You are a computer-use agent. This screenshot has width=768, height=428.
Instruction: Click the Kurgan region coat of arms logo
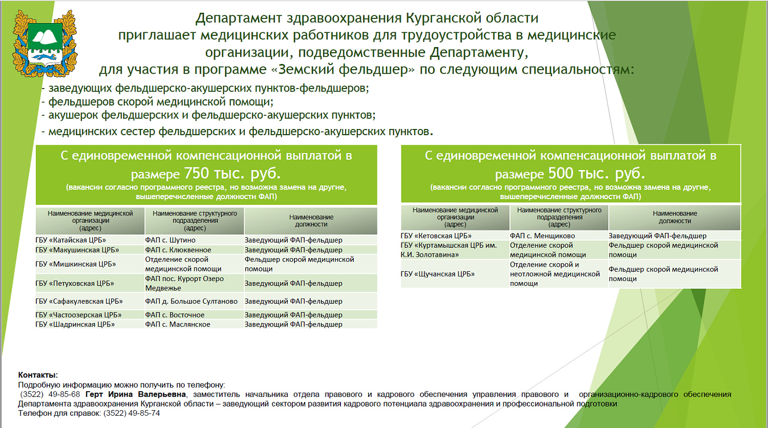click(x=45, y=43)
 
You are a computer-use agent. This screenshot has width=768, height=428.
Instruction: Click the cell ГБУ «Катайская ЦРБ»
click(x=71, y=240)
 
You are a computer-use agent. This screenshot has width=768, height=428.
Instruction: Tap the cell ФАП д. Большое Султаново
click(x=191, y=302)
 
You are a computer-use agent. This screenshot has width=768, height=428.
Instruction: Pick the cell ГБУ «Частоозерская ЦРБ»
click(x=78, y=315)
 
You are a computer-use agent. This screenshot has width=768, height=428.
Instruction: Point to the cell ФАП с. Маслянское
click(x=177, y=324)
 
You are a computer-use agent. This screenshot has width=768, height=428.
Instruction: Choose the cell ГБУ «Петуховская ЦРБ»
click(x=75, y=283)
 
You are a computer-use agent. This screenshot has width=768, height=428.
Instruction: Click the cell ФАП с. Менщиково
click(x=542, y=236)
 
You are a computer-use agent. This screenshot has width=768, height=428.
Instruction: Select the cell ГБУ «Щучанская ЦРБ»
click(x=437, y=274)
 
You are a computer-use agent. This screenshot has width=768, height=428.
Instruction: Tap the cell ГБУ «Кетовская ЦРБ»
click(x=436, y=236)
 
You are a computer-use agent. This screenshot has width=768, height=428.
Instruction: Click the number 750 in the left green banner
click(x=197, y=173)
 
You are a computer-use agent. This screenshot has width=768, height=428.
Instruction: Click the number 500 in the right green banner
click(x=561, y=173)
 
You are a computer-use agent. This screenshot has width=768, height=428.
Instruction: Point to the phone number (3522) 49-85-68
click(x=50, y=394)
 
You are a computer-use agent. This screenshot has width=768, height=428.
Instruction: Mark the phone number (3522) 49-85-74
click(x=132, y=413)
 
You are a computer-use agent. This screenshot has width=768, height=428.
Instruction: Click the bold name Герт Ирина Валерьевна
click(x=136, y=394)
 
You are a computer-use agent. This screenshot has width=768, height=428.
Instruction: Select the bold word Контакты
click(x=38, y=375)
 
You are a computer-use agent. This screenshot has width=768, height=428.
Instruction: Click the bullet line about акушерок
click(x=211, y=115)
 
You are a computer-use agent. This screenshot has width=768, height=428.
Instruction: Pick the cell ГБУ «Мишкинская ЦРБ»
click(x=75, y=264)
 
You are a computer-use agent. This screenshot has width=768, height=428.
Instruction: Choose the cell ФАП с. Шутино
click(x=170, y=240)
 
